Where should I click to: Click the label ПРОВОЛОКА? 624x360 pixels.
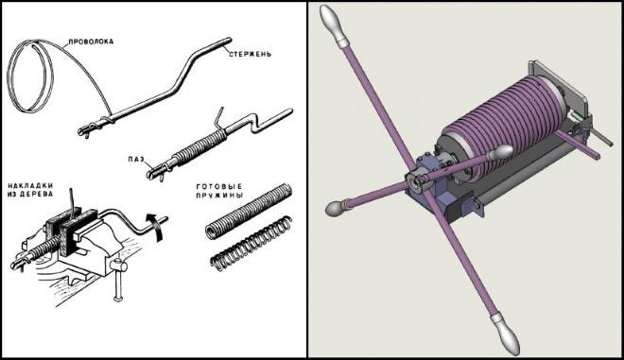click(x=91, y=42)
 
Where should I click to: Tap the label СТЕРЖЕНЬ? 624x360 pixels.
click(x=251, y=54)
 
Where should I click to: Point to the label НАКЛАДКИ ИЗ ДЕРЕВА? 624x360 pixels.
click(x=30, y=190)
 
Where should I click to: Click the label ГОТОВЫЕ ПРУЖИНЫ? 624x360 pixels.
click(x=219, y=191)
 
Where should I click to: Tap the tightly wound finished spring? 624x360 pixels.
click(x=249, y=212)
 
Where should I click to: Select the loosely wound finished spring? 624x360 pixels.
click(x=251, y=243)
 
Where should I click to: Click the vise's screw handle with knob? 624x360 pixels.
click(x=118, y=279)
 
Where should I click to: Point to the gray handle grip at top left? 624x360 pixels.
click(x=335, y=26)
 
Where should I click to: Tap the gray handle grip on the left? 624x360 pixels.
click(x=339, y=206)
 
